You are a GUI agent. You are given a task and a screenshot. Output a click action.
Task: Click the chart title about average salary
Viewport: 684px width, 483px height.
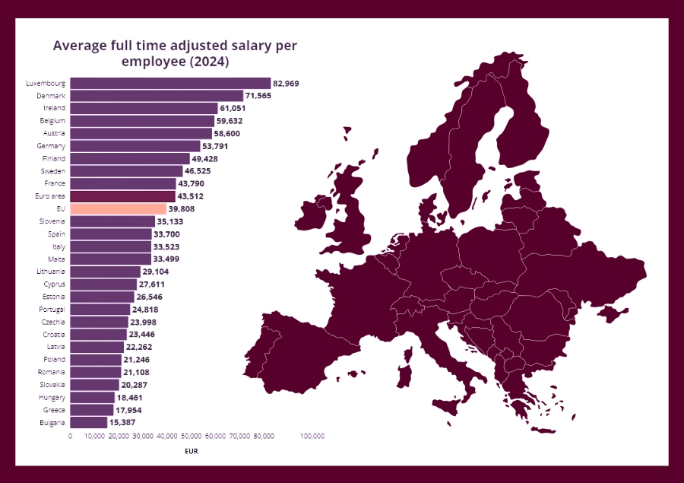[175, 52]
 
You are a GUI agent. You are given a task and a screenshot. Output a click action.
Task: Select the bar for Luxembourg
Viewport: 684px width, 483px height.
[170, 83]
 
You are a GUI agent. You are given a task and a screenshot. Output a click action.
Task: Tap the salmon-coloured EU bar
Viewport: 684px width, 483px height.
[118, 208]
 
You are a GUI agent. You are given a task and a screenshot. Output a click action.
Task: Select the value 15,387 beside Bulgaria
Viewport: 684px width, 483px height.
[125, 422]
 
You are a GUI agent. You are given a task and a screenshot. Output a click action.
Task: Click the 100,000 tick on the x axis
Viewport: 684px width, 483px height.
[312, 436]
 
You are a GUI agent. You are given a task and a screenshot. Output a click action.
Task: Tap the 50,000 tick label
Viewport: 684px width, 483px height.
[191, 436]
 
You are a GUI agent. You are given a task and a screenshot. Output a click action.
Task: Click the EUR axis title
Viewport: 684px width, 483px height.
[192, 451]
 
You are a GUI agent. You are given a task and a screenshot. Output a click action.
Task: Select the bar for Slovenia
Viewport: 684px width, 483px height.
[112, 221]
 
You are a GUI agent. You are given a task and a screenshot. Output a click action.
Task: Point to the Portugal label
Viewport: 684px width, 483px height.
[52, 310]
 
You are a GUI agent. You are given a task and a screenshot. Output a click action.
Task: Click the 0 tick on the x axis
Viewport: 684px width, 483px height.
[70, 436]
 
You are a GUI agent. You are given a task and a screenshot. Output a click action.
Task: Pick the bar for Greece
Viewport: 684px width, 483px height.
[91, 410]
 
